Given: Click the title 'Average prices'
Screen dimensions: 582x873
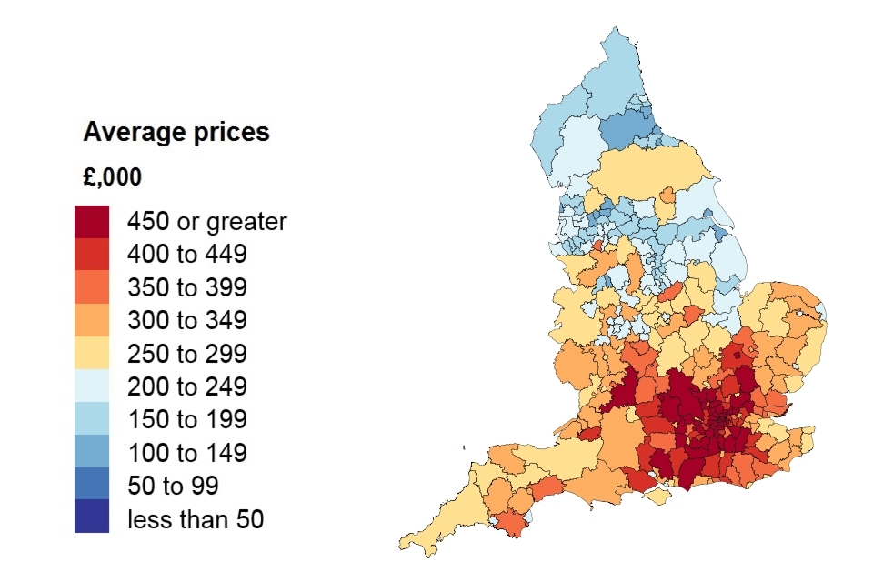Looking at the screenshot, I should (x=176, y=132).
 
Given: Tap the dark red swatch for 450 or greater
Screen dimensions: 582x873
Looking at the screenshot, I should (x=92, y=221).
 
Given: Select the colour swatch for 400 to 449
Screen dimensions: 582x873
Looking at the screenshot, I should (x=92, y=254).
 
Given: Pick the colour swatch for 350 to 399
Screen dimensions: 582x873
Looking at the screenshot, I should (x=92, y=287).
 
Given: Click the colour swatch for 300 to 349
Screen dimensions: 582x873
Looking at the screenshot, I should (x=92, y=320).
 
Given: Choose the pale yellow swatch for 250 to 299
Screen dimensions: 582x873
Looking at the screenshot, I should (x=92, y=353).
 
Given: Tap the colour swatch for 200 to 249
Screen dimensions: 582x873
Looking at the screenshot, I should (x=92, y=386).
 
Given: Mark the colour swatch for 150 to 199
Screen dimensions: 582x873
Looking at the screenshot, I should (x=92, y=419).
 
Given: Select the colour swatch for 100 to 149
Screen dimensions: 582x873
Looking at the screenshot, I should (x=92, y=452).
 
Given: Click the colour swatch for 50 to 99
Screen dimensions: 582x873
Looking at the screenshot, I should (x=92, y=485).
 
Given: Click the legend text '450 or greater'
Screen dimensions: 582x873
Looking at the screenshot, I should (x=206, y=221).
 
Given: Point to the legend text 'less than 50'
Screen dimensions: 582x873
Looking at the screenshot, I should (x=195, y=519).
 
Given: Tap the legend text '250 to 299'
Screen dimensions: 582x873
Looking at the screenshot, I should (x=187, y=354).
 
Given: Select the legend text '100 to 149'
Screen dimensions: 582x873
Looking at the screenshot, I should (x=187, y=453).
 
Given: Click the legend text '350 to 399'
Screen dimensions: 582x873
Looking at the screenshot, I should (x=187, y=288).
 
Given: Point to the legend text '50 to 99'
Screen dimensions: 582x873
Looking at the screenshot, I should (x=173, y=486).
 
